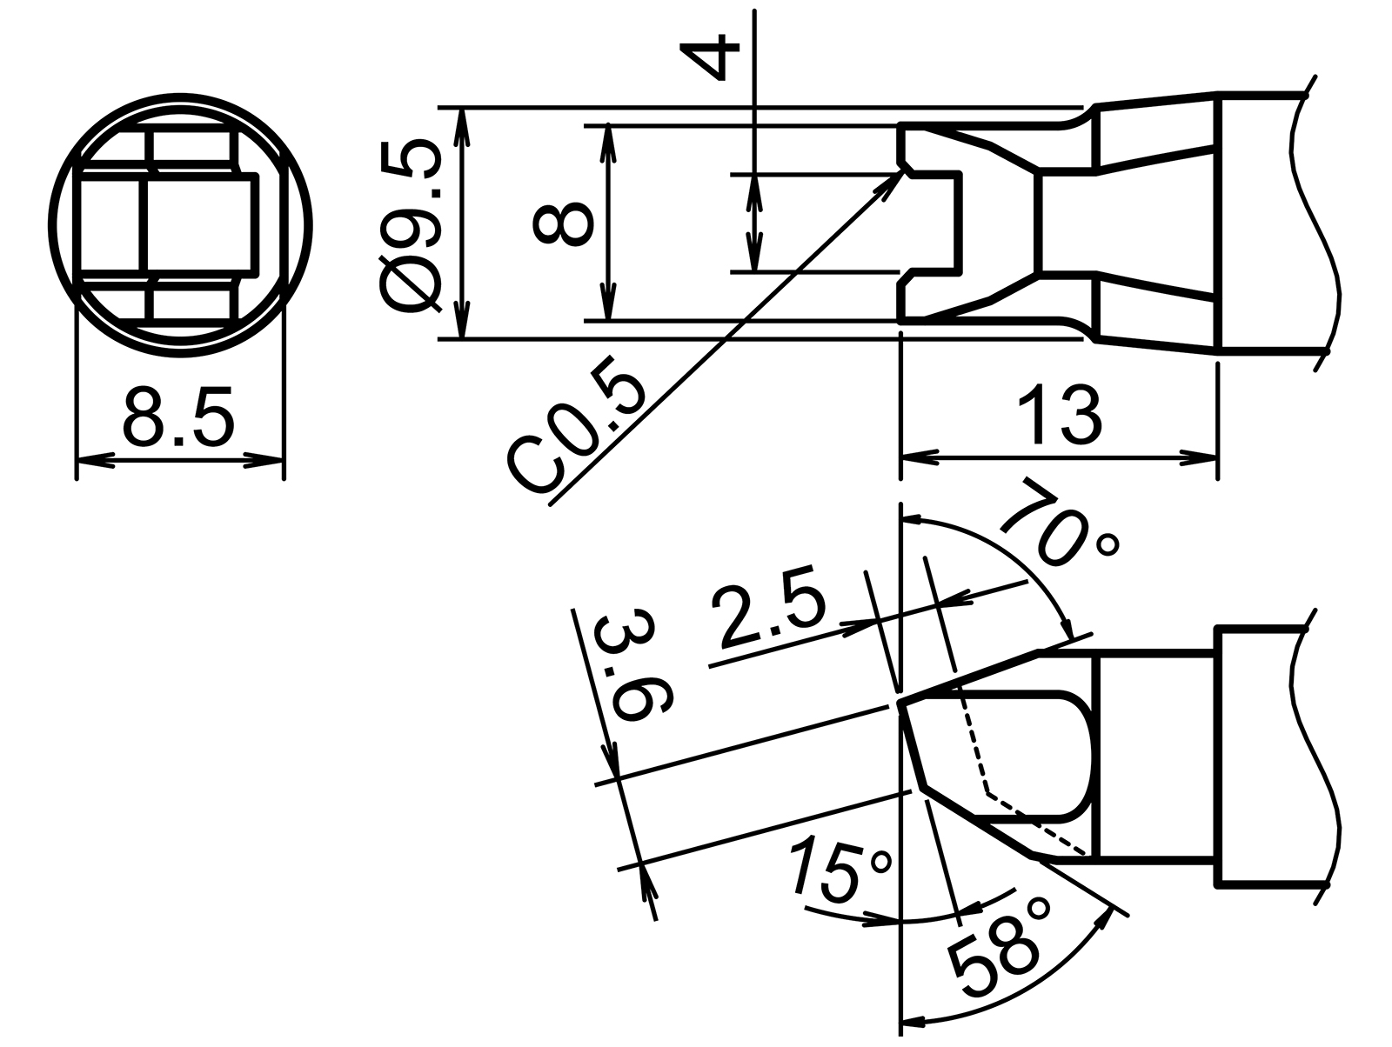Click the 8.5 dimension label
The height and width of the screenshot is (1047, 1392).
point(178,417)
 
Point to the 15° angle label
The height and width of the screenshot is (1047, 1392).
point(840,870)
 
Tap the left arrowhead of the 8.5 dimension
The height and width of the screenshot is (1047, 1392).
point(90,461)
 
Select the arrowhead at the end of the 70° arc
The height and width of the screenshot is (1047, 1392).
point(1069,631)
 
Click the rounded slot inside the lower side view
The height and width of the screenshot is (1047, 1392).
point(1027,757)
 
